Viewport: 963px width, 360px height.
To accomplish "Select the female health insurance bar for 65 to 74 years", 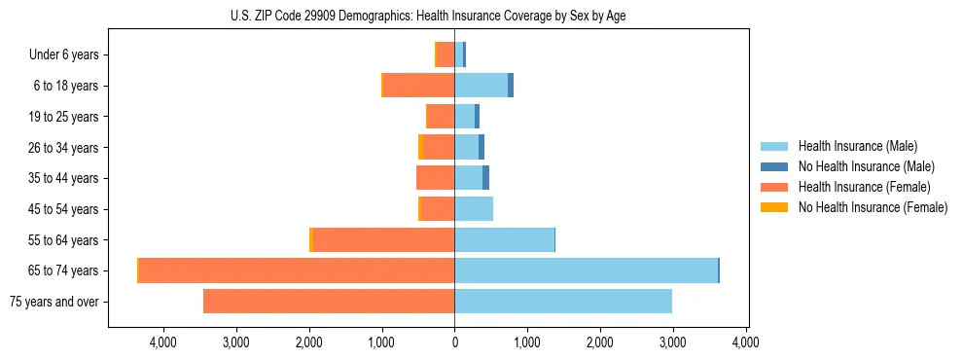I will click(297, 270).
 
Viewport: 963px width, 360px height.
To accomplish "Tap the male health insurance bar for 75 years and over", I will click(563, 302).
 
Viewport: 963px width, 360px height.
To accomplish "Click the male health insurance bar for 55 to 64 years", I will click(504, 239).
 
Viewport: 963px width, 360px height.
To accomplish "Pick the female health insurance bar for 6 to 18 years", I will click(418, 86).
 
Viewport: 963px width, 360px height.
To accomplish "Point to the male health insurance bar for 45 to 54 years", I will click(474, 209).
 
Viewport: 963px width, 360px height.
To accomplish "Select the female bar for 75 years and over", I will click(329, 302).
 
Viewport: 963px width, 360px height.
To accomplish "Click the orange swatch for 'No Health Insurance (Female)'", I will click(774, 207).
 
